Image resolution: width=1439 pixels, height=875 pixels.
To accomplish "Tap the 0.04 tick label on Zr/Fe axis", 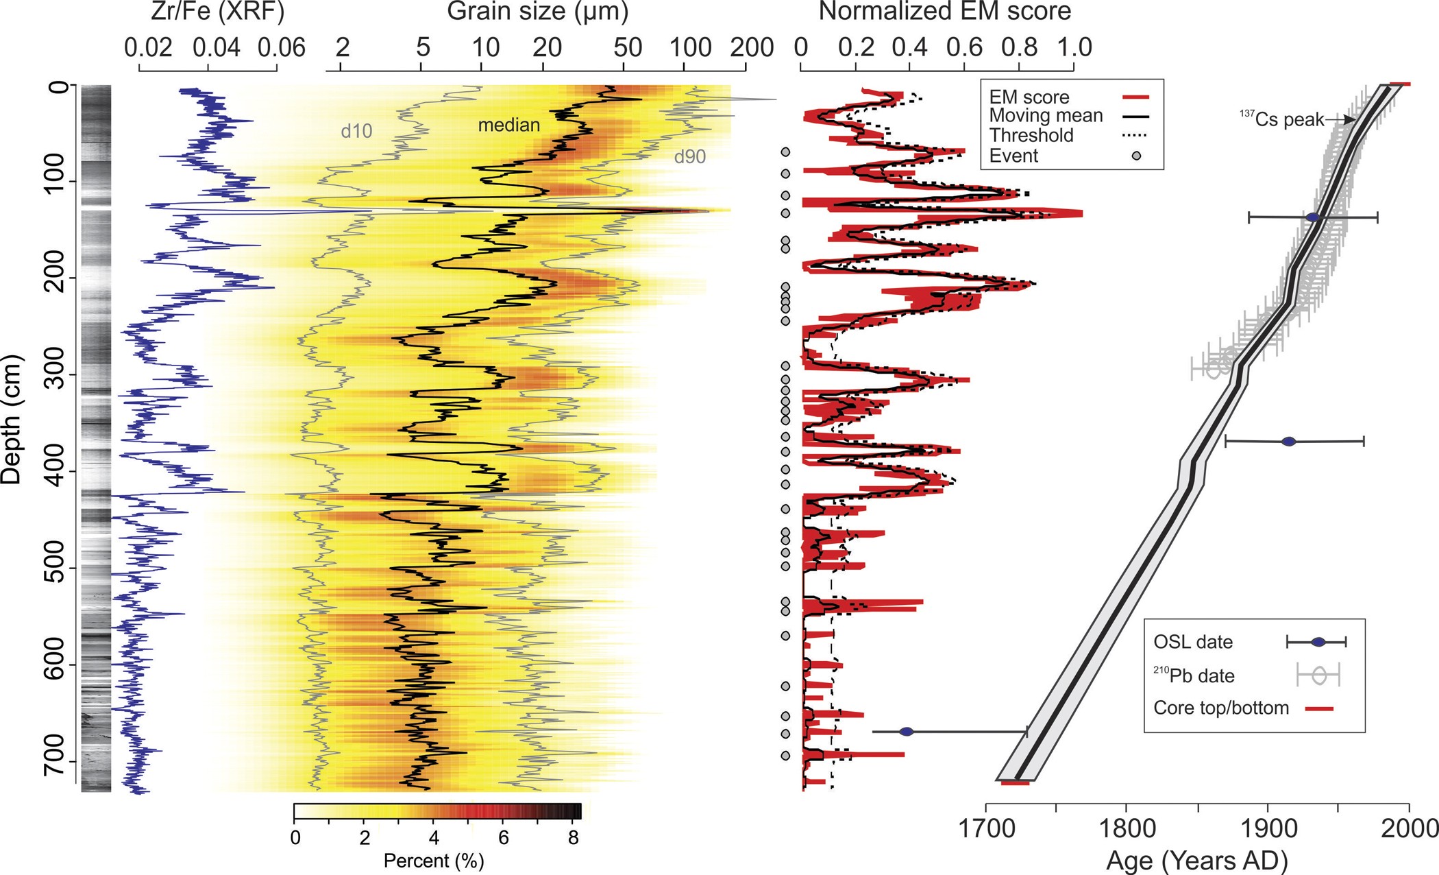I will pyautogui.click(x=216, y=48).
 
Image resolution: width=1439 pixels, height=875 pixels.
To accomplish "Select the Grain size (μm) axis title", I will pyautogui.click(x=537, y=12).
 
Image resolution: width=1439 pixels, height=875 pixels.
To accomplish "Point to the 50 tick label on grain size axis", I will pyautogui.click(x=627, y=48).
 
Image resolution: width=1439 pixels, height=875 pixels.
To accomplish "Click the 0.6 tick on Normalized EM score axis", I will pyautogui.click(x=964, y=48).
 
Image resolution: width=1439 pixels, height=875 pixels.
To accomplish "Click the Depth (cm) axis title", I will pyautogui.click(x=12, y=420).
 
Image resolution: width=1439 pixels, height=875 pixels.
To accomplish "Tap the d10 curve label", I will pyautogui.click(x=356, y=132).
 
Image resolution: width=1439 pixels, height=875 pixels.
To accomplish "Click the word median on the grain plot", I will pyautogui.click(x=508, y=125).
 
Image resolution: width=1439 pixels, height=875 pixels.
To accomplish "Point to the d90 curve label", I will pyautogui.click(x=689, y=157).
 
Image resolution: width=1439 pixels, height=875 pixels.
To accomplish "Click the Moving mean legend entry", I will pyautogui.click(x=1046, y=116).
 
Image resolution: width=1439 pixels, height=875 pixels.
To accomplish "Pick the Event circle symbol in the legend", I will pyautogui.click(x=1136, y=156).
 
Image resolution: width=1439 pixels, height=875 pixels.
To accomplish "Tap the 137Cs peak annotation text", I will pyautogui.click(x=1282, y=119).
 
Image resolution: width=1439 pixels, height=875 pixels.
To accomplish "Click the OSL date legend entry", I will pyautogui.click(x=1192, y=642).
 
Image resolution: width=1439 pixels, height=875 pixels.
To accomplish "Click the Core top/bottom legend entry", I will pyautogui.click(x=1220, y=708).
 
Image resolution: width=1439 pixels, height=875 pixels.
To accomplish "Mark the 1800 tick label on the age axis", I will pyautogui.click(x=1127, y=828).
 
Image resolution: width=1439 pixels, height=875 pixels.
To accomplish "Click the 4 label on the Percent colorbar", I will pyautogui.click(x=433, y=837).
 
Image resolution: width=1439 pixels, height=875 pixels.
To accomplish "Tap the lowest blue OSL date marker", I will pyautogui.click(x=906, y=732).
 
